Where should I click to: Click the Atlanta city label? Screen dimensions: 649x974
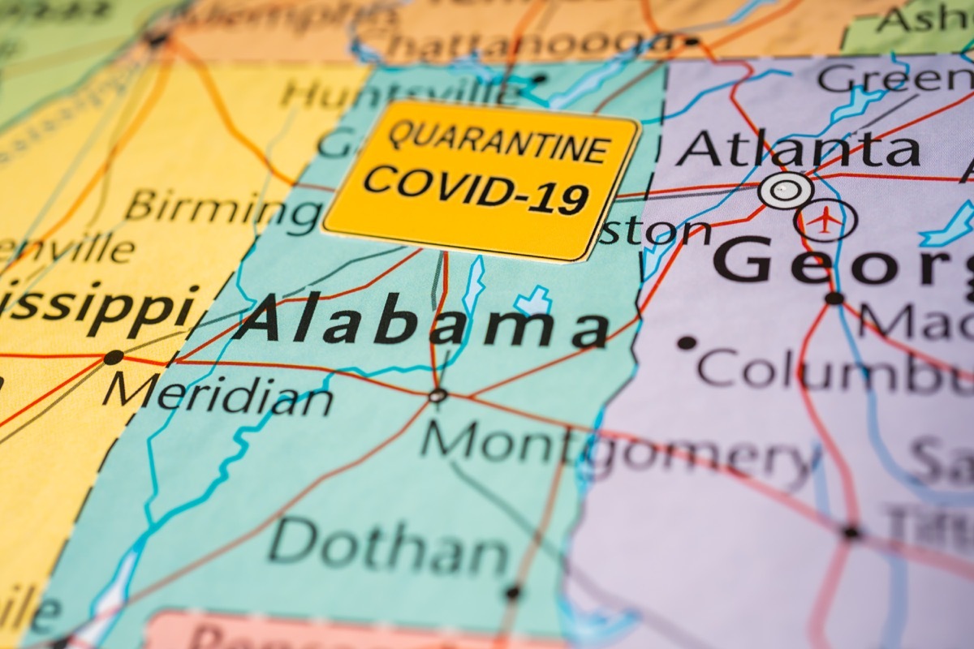pos(799,151)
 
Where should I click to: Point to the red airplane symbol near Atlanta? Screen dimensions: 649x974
pos(825,220)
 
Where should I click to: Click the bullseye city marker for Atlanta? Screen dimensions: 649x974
pos(785,191)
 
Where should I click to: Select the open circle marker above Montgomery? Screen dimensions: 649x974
pos(437,396)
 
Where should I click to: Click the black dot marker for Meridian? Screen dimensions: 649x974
pos(114,357)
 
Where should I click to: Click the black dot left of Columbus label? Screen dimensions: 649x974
pos(687,342)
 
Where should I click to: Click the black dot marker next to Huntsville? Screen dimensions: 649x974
pos(537,80)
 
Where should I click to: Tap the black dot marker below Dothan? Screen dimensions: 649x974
pos(511,593)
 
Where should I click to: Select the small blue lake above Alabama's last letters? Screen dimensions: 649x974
pos(533,301)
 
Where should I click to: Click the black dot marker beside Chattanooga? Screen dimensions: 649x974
pos(691,41)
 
